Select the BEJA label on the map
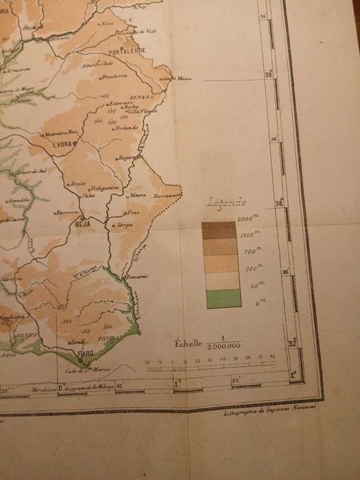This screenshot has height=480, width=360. [82, 223]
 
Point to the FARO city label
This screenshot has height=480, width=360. [86, 354]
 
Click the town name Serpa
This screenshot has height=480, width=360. [124, 224]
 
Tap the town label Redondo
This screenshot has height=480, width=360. [126, 128]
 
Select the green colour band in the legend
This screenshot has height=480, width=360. [223, 298]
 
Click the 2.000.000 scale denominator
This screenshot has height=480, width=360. [223, 347]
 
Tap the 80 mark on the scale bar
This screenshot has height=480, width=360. [272, 357]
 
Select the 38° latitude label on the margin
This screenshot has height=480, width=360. [279, 203]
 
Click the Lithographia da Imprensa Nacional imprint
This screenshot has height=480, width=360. [269, 412]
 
